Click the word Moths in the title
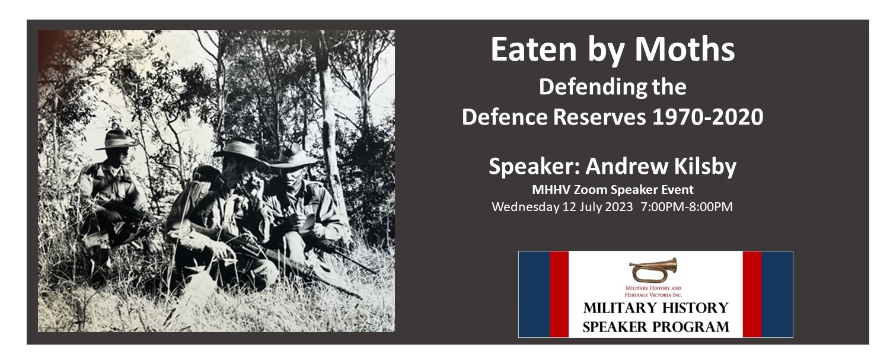684,50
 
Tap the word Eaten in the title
534,50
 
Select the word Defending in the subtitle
593,87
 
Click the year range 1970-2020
707,117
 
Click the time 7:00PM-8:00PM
687,207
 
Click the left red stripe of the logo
559,294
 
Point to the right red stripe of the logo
752,294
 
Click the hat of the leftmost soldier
116,140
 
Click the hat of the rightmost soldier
294,156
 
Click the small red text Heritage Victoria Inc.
653,295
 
